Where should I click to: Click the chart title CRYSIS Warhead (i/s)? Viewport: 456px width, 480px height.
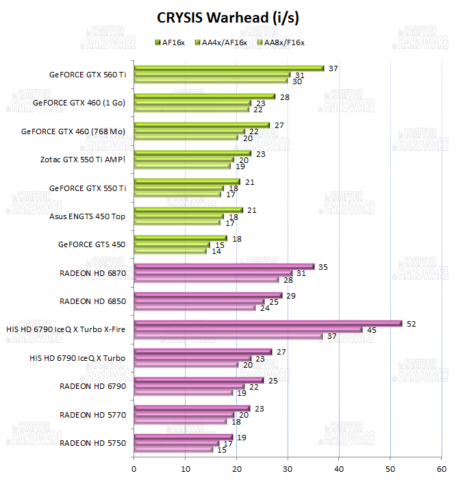[x=228, y=16]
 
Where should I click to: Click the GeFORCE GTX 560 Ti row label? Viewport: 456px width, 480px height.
[x=88, y=75]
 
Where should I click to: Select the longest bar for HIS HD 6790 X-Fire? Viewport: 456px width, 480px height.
[x=268, y=323]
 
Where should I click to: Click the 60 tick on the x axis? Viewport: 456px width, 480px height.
[x=441, y=468]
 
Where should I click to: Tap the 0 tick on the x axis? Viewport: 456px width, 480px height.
[x=134, y=468]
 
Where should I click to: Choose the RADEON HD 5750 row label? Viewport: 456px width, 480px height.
[x=93, y=443]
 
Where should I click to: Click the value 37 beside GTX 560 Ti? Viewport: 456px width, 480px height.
[x=333, y=68]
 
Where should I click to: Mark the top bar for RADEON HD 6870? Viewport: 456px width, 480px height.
[x=224, y=266]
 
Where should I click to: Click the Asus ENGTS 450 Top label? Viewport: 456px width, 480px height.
[x=88, y=216]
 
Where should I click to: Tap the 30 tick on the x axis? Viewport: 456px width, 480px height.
[x=288, y=468]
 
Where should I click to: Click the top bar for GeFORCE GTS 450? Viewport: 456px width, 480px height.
[x=180, y=238]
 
